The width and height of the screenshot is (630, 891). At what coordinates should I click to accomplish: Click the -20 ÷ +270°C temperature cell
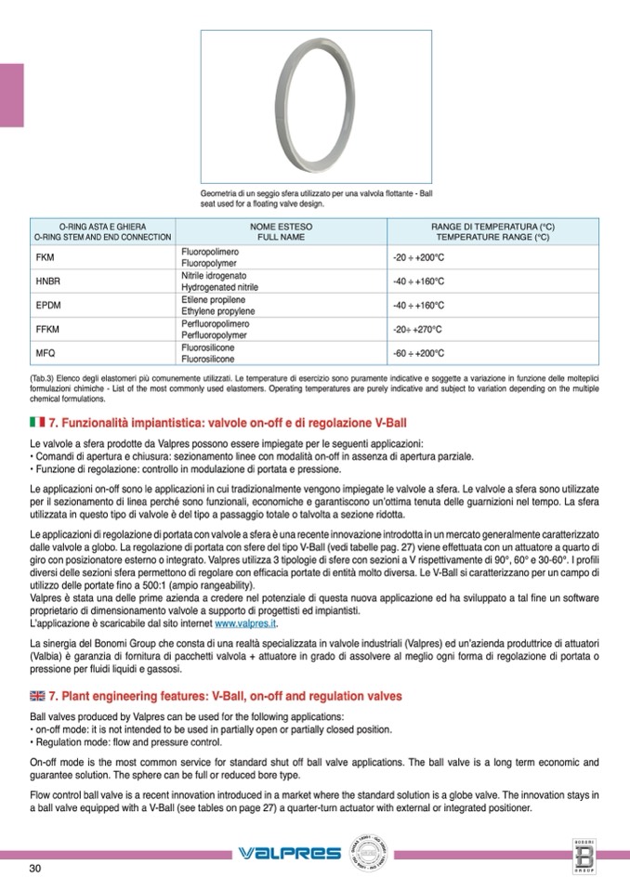click(415, 329)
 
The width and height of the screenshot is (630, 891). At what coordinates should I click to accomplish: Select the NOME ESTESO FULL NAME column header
click(281, 231)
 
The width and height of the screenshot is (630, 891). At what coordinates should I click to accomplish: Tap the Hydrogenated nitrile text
click(219, 288)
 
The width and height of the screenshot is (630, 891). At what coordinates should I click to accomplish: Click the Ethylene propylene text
click(218, 313)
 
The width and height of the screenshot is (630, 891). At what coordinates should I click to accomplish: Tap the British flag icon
click(38, 695)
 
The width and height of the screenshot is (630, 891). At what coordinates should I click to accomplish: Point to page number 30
click(35, 868)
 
